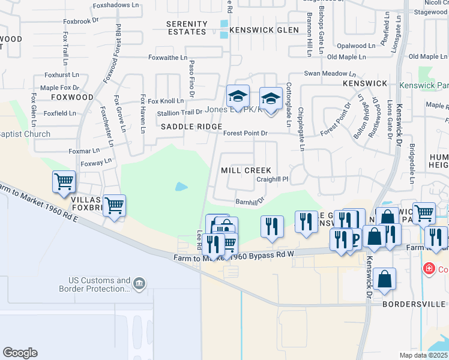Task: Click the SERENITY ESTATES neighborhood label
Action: click(x=187, y=29)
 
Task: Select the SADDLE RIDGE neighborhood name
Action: click(x=191, y=127)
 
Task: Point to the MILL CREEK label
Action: click(x=246, y=170)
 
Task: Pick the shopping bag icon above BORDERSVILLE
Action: click(x=384, y=279)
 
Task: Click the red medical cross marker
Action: click(x=429, y=268)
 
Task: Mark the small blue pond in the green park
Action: click(x=181, y=187)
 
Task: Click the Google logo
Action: click(x=20, y=353)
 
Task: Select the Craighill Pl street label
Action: click(x=273, y=179)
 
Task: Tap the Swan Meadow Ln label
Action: click(x=325, y=73)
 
